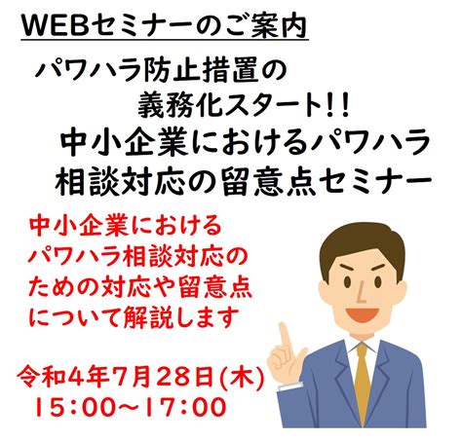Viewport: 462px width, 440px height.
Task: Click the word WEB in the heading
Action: click(x=56, y=25)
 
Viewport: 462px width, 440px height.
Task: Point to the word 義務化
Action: click(x=178, y=105)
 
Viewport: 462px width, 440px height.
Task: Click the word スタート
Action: click(x=270, y=105)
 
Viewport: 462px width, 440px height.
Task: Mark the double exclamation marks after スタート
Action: click(x=337, y=105)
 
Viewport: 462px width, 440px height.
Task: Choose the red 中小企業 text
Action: click(x=78, y=226)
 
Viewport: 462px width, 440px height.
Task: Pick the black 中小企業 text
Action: click(x=124, y=143)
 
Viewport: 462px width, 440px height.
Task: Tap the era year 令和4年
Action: click(x=62, y=377)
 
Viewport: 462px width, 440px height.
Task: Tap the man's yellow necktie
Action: click(x=363, y=383)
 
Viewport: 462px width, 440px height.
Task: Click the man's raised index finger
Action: click(x=286, y=339)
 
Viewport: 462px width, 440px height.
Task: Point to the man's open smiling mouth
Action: click(x=362, y=313)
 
